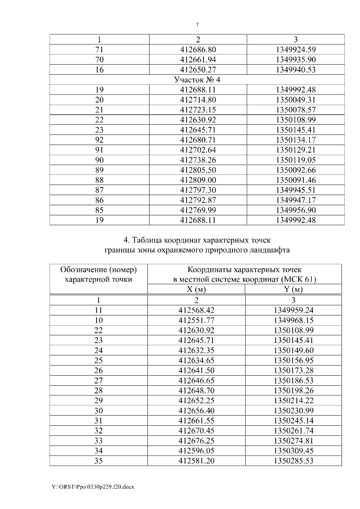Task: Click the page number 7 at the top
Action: coord(197,25)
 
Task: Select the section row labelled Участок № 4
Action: coord(197,80)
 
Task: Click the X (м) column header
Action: coord(197,290)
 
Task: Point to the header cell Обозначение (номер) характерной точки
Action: coord(99,274)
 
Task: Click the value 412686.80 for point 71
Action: coord(197,49)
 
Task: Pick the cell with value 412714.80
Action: coord(197,100)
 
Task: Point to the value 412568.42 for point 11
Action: coord(197,310)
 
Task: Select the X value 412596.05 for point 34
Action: coord(197,451)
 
